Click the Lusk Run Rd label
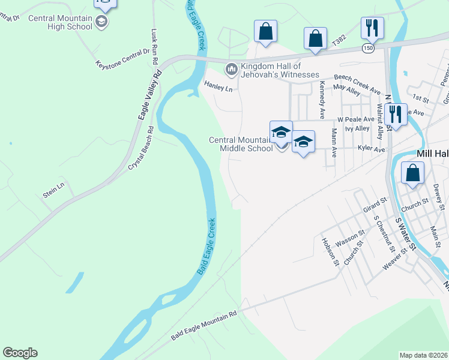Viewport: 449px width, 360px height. [x=154, y=44]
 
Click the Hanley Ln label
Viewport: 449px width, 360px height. [x=218, y=88]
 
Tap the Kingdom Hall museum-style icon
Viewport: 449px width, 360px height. [x=231, y=70]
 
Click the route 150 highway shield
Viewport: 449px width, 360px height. [x=368, y=47]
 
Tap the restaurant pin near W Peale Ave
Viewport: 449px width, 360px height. [x=395, y=113]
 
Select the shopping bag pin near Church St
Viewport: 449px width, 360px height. [x=413, y=173]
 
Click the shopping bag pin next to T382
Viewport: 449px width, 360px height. [x=315, y=38]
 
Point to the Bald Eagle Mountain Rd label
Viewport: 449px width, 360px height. [x=204, y=324]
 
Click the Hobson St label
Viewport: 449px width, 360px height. [x=331, y=251]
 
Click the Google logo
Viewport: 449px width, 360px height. [x=20, y=353]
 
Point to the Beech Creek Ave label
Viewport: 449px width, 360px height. [x=358, y=83]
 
